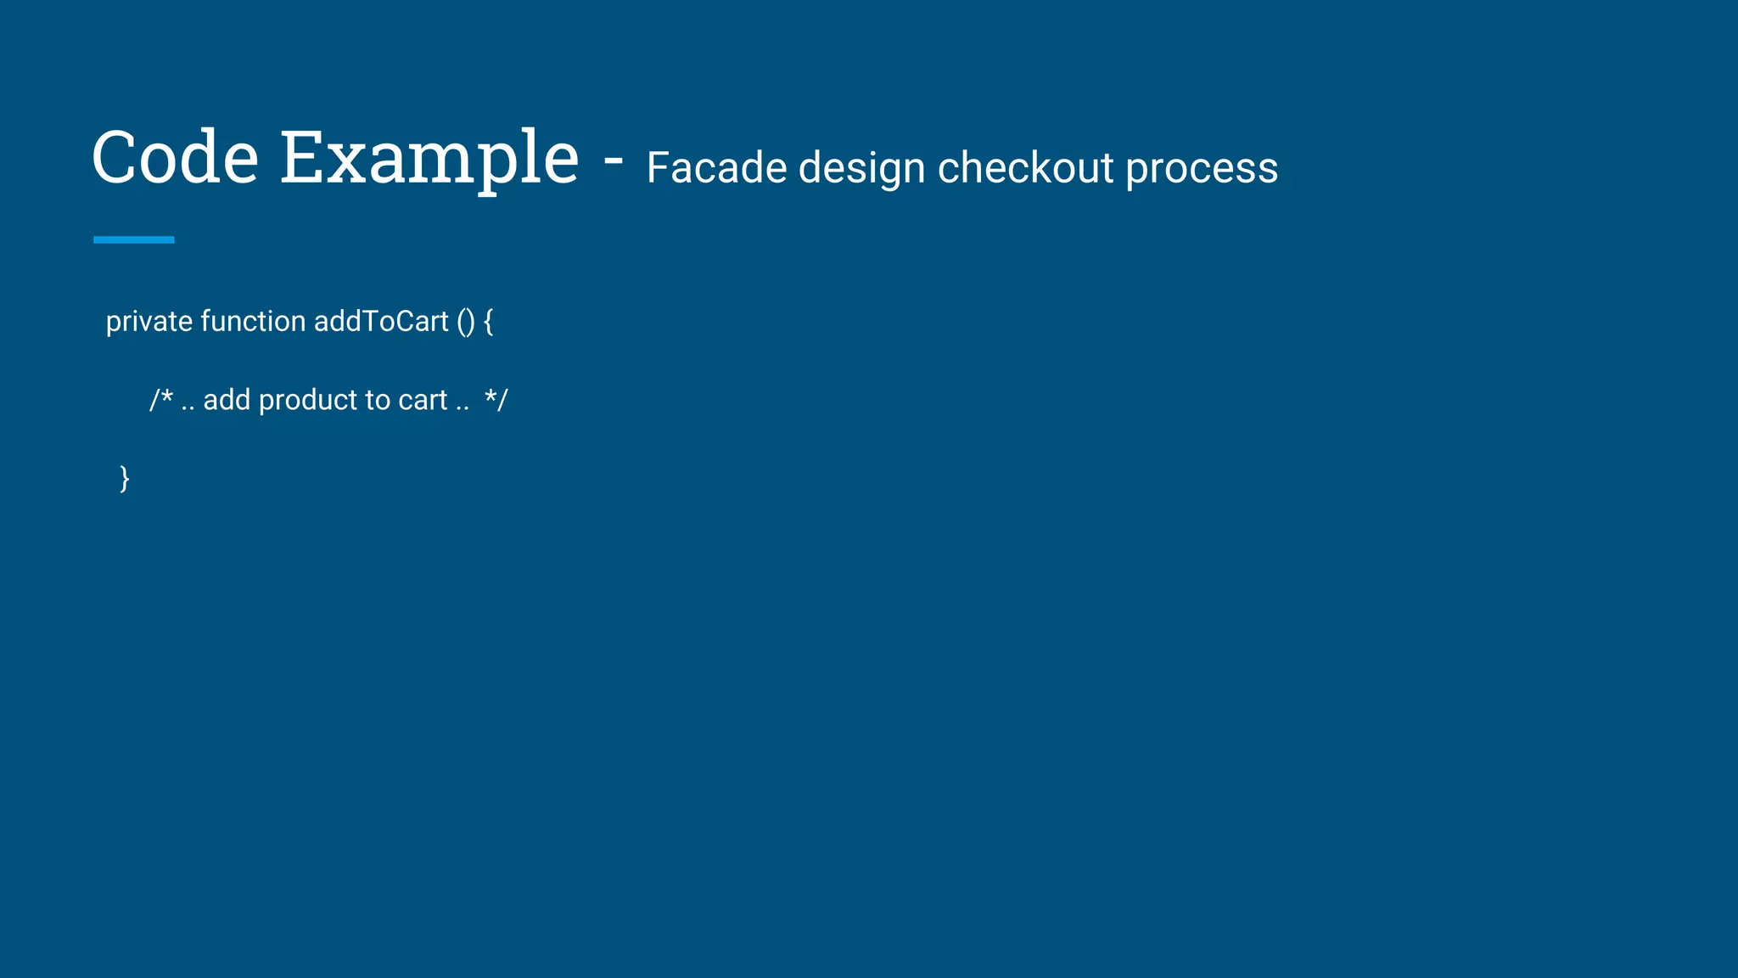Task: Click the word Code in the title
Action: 175,158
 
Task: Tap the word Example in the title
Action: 429,158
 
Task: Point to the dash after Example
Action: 614,160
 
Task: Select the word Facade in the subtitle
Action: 716,168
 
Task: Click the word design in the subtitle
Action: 861,168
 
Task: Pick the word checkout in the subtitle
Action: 1025,168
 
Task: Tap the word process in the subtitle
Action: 1202,168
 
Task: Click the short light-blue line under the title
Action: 134,240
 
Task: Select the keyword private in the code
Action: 149,322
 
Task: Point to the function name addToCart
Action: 381,322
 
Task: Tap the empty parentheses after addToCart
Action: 466,322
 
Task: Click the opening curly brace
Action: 488,322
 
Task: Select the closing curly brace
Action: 125,479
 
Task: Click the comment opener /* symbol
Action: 161,400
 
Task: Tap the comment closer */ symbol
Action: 496,400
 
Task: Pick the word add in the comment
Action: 227,400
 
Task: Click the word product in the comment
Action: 307,400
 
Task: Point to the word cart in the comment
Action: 423,400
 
